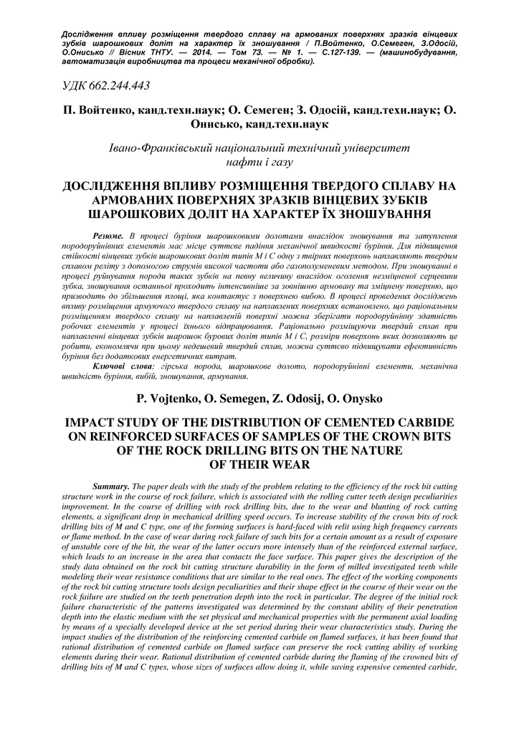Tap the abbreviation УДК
point(75,86)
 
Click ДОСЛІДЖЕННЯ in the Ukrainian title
point(122,187)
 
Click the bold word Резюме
point(109,236)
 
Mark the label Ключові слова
point(123,366)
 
